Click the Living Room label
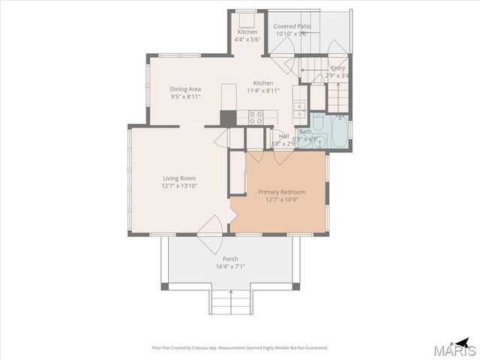[x=178, y=178]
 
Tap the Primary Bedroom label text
[x=277, y=192]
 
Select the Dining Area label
[x=185, y=89]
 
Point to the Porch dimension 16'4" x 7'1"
[x=229, y=266]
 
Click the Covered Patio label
[x=292, y=26]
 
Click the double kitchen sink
[x=299, y=111]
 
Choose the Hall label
[x=283, y=136]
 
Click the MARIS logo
[x=457, y=348]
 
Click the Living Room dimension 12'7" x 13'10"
[x=178, y=186]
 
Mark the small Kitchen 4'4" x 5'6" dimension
[x=247, y=40]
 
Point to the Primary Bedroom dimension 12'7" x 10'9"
[x=277, y=199]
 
